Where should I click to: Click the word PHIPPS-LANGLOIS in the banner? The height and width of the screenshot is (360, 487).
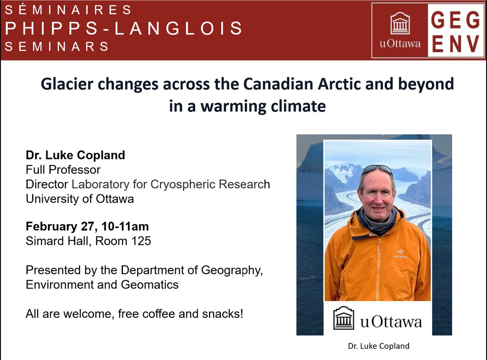click(124, 28)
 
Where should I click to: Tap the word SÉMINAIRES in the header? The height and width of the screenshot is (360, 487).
click(68, 9)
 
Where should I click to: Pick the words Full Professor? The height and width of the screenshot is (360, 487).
click(63, 170)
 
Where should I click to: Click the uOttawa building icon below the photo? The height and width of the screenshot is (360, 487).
click(344, 317)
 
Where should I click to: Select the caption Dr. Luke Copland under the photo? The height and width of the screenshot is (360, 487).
click(378, 346)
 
